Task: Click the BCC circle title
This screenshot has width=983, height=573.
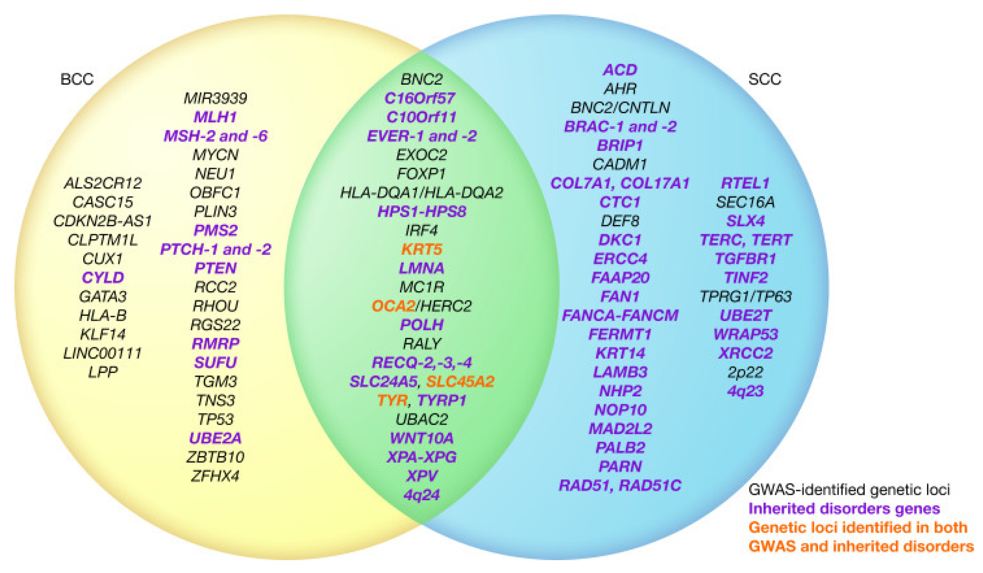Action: click(x=77, y=79)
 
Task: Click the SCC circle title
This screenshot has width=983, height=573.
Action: click(x=764, y=79)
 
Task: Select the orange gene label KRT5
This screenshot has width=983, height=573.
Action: click(x=422, y=249)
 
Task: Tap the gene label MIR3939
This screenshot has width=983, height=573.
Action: click(x=215, y=98)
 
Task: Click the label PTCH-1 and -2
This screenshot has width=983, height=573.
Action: click(x=215, y=249)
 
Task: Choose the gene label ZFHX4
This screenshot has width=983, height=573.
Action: click(x=215, y=476)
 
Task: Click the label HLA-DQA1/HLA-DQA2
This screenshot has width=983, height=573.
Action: click(x=422, y=192)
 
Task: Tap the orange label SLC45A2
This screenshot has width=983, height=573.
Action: click(x=460, y=381)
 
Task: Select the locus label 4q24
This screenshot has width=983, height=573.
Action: click(x=422, y=495)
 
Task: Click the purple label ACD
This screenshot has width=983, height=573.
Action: click(x=620, y=70)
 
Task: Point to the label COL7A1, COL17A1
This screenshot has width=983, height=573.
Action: click(x=620, y=183)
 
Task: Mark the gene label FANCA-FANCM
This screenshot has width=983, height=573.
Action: click(x=620, y=315)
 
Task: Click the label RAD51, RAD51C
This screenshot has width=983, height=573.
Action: click(x=620, y=486)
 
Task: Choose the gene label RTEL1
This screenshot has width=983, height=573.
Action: click(x=745, y=183)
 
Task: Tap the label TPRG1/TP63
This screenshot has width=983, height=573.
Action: click(x=745, y=297)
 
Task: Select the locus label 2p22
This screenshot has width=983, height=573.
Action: click(x=745, y=372)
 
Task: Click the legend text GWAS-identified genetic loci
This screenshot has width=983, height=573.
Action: click(x=849, y=489)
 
